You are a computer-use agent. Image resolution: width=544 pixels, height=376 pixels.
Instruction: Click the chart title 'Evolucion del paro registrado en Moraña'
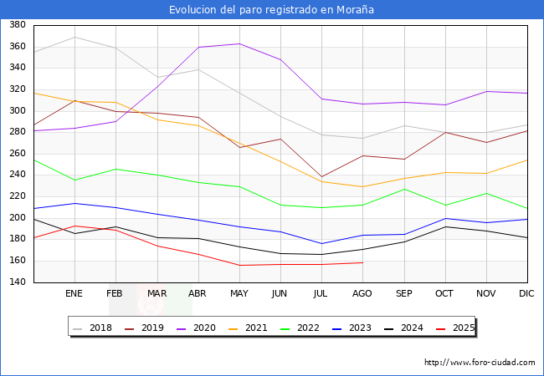click(271, 10)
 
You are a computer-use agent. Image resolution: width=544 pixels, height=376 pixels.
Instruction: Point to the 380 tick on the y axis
click(15, 25)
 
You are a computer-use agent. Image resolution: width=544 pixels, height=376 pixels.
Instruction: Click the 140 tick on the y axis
click(15, 282)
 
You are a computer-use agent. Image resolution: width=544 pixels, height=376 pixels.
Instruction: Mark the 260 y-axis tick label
click(15, 154)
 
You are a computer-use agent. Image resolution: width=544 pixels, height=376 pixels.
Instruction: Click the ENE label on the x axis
click(74, 294)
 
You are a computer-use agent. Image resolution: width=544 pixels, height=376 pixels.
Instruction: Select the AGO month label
click(362, 294)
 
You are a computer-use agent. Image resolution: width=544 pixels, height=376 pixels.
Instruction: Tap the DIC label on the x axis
click(526, 294)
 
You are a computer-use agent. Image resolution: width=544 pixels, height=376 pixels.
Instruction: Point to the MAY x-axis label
click(239, 294)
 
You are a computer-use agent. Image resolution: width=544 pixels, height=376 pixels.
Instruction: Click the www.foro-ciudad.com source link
click(480, 363)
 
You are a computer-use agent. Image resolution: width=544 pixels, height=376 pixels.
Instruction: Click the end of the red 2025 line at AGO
click(362, 262)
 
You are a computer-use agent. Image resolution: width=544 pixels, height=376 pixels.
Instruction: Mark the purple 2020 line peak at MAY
click(239, 43)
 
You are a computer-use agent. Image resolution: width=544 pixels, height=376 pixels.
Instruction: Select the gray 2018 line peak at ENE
click(75, 37)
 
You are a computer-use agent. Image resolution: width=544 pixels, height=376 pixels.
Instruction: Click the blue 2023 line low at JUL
click(321, 244)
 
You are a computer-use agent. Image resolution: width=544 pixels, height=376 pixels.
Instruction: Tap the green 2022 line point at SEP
click(403, 189)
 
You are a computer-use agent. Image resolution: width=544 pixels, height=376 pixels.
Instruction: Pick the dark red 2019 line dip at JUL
click(321, 177)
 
